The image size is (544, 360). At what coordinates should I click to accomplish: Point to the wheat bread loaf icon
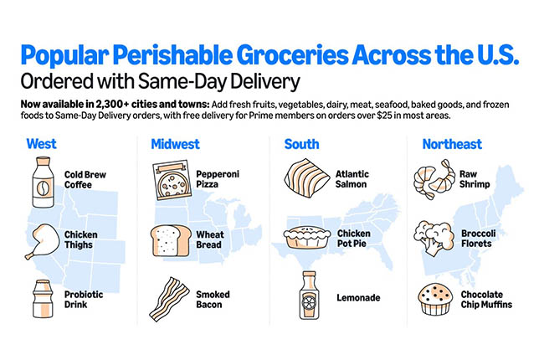point(168,239)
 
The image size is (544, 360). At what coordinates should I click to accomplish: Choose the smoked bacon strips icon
point(170,296)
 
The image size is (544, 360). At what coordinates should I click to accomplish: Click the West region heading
point(42,144)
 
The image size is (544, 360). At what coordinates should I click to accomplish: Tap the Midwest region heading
point(175,144)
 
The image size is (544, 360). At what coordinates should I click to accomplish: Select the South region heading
point(301,144)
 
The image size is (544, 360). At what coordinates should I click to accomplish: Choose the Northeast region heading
point(452,144)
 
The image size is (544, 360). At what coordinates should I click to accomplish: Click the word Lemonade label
point(358,298)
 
